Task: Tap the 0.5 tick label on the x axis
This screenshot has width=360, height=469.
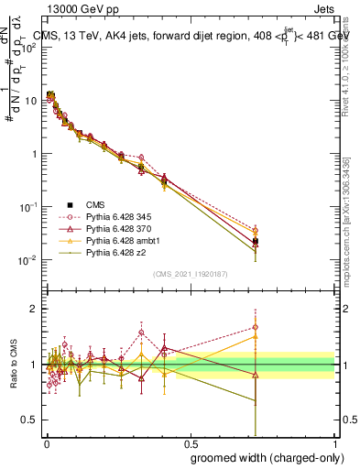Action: (x=190, y=444)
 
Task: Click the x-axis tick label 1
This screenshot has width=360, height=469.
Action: (x=334, y=444)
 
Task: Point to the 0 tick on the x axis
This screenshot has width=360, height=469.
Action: (x=46, y=444)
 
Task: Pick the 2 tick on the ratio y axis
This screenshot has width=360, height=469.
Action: (x=35, y=309)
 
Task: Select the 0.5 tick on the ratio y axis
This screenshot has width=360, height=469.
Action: (x=31, y=420)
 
